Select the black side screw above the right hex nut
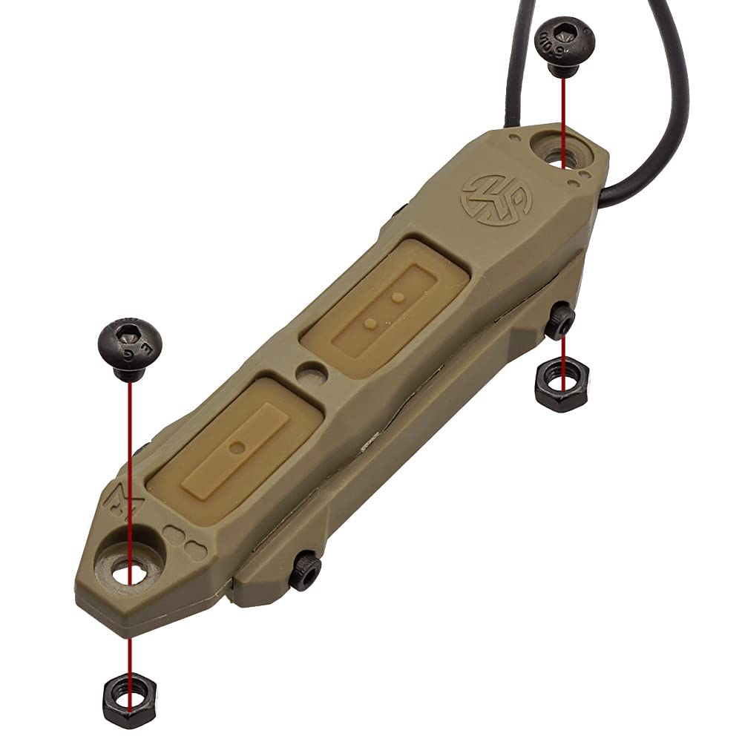coord(560,321)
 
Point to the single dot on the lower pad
coord(237,446)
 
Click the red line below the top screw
coord(564,111)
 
